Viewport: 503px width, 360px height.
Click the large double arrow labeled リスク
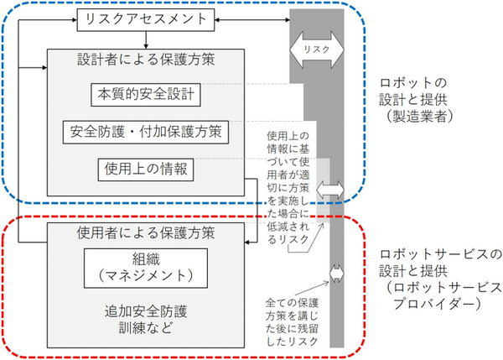coord(317,50)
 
